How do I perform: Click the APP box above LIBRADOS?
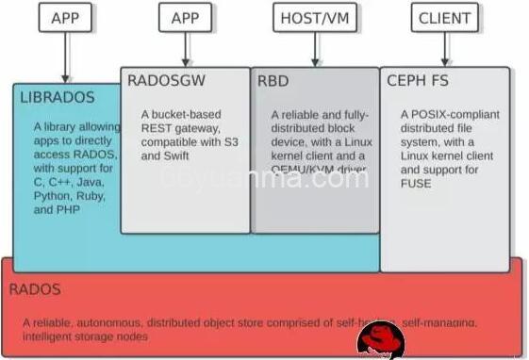coord(65,17)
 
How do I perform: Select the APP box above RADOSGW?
coord(185,17)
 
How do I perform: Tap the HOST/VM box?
coord(313,17)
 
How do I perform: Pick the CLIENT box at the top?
coord(444,17)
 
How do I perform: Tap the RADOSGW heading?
coord(166,81)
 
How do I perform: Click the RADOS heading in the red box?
coord(36,289)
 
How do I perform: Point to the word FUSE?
coord(415,183)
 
